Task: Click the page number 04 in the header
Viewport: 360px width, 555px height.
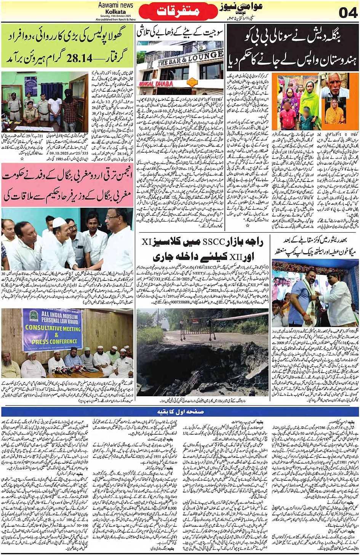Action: click(x=348, y=13)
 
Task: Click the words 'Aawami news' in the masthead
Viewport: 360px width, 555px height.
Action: click(x=115, y=5)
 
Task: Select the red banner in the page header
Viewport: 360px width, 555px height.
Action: click(x=178, y=12)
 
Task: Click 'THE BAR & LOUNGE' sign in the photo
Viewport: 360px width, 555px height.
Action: click(x=190, y=58)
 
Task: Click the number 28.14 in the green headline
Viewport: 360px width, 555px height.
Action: click(x=79, y=58)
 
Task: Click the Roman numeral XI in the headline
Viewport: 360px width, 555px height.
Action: click(x=147, y=242)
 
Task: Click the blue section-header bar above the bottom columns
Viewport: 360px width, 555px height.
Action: click(x=180, y=411)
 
